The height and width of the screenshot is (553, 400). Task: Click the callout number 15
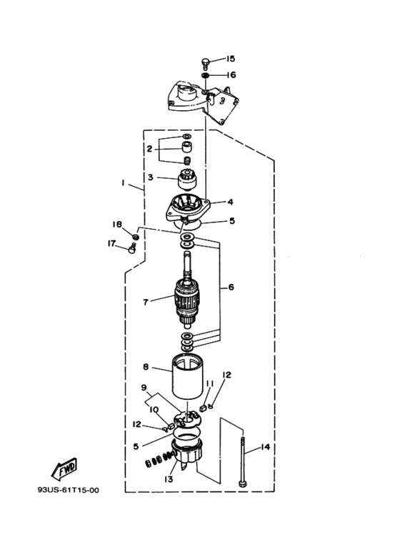click(230, 59)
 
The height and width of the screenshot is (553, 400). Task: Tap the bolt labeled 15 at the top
click(205, 64)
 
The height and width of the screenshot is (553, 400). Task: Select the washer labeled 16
click(206, 75)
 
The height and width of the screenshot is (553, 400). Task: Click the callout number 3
click(150, 177)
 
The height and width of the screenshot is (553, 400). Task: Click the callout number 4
click(230, 202)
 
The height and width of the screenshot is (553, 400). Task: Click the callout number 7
click(146, 302)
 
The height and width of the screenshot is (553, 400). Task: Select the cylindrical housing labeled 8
click(187, 376)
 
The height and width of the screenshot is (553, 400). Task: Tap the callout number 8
click(146, 367)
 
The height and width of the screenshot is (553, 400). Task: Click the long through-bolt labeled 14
click(243, 462)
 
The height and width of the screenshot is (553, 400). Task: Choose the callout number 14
click(265, 447)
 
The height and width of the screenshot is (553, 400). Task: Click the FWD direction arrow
click(64, 469)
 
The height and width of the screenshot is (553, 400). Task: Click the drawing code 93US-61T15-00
click(69, 490)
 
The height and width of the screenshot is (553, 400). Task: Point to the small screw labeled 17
click(132, 248)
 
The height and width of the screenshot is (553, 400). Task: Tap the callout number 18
click(116, 225)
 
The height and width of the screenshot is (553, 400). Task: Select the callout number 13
click(169, 479)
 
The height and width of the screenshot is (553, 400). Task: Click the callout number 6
click(231, 288)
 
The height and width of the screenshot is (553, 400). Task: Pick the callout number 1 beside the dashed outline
click(124, 183)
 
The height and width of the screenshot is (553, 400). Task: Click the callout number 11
click(210, 383)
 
